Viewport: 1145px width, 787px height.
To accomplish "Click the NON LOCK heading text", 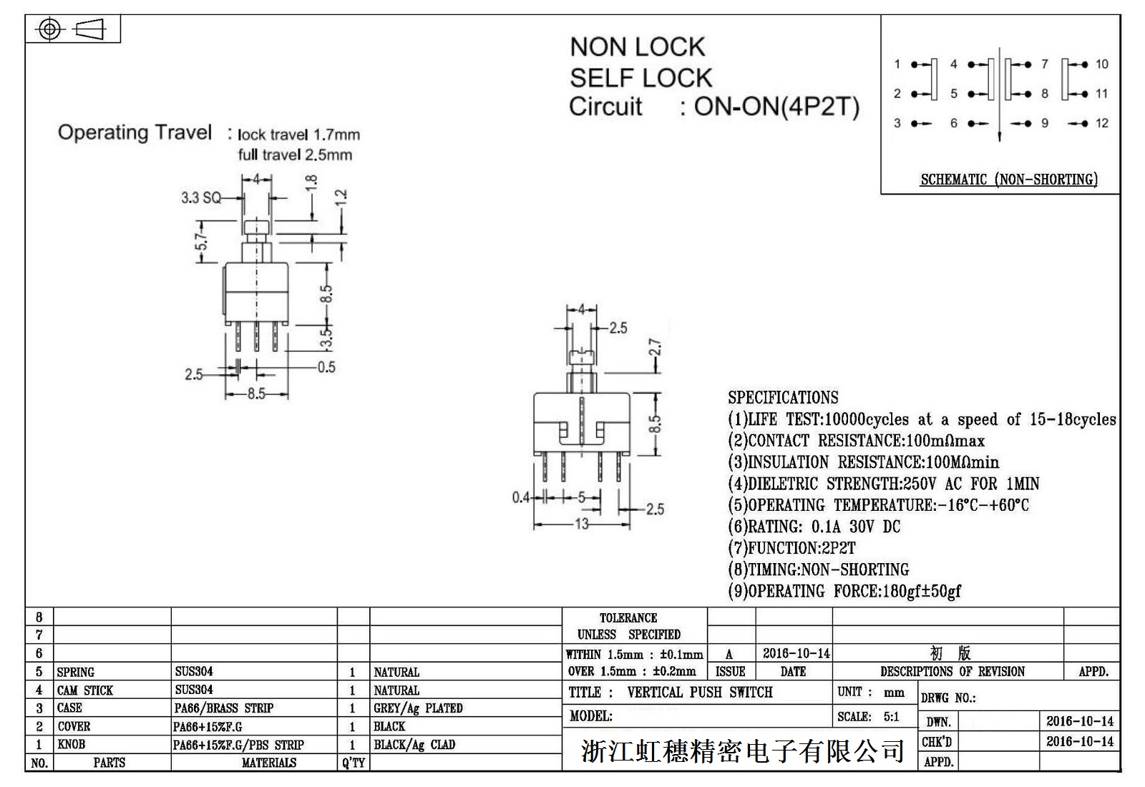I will coord(637,47).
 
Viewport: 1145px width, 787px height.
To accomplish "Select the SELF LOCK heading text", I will coord(640,77).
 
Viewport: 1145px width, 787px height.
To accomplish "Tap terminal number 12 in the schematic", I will coord(1101,123).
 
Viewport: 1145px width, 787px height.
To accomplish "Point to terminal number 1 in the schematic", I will coord(897,64).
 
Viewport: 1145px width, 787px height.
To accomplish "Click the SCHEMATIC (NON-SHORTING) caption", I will coord(1008,180).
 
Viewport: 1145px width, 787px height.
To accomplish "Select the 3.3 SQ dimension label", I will coord(201,197).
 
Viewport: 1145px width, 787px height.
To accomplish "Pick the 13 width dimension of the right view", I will coord(582,524).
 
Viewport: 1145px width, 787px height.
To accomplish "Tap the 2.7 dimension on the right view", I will coord(655,348).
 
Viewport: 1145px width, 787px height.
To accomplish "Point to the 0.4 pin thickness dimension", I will coord(521,497).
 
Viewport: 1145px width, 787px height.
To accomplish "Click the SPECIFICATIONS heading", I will coord(783,398).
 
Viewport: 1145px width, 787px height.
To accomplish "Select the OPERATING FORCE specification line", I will coord(844,591).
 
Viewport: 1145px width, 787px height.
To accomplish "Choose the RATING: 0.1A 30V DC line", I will coord(814,527).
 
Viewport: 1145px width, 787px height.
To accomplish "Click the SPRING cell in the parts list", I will coord(76,672).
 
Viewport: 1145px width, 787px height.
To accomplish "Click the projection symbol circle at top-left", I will coord(49,29).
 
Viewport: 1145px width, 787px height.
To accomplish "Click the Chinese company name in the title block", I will coord(743,751).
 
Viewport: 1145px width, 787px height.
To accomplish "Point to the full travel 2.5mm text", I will coord(295,155).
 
